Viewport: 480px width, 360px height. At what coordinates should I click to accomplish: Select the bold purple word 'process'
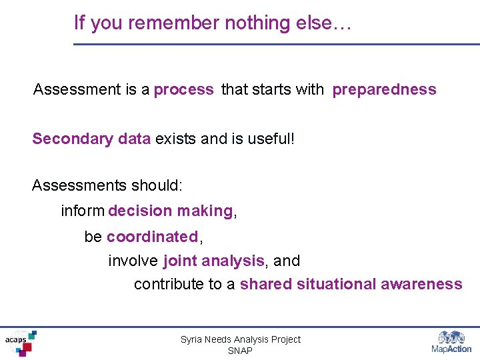tap(184, 90)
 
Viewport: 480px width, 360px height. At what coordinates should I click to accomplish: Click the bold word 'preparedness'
tap(385, 90)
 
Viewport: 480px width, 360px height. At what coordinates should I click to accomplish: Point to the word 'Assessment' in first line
tap(77, 89)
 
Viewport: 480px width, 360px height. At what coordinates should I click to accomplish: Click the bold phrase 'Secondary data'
tap(91, 139)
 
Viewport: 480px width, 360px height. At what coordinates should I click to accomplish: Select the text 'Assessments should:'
tap(107, 185)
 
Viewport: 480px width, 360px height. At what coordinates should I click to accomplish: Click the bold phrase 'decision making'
tap(170, 211)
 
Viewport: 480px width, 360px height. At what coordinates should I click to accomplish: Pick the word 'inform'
tap(83, 211)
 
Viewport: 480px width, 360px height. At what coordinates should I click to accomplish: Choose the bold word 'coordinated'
tap(152, 237)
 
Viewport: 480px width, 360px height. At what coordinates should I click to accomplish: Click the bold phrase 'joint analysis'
tap(213, 261)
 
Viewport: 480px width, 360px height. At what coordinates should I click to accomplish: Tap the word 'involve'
tap(133, 261)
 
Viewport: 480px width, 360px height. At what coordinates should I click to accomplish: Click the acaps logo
tap(20, 343)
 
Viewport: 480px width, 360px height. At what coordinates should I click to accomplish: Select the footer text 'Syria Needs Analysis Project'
tap(240, 339)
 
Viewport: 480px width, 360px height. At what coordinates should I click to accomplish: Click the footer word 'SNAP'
tap(240, 351)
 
